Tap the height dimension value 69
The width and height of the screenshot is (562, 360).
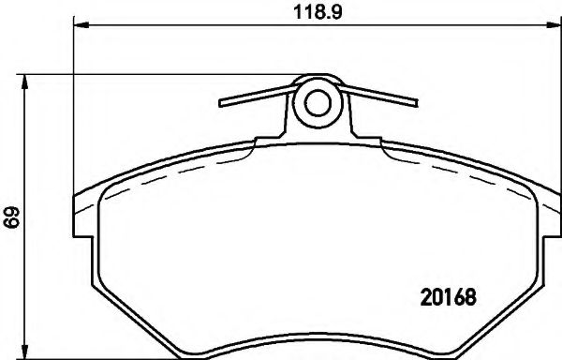(10, 220)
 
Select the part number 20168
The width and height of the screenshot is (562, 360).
(446, 299)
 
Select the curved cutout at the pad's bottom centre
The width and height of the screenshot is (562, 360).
(317, 339)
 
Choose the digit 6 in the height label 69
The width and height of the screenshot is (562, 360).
(10, 226)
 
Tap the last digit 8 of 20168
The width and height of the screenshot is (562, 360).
(471, 299)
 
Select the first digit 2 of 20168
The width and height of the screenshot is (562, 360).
(421, 299)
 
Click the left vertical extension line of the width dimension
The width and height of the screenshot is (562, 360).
(73, 112)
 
